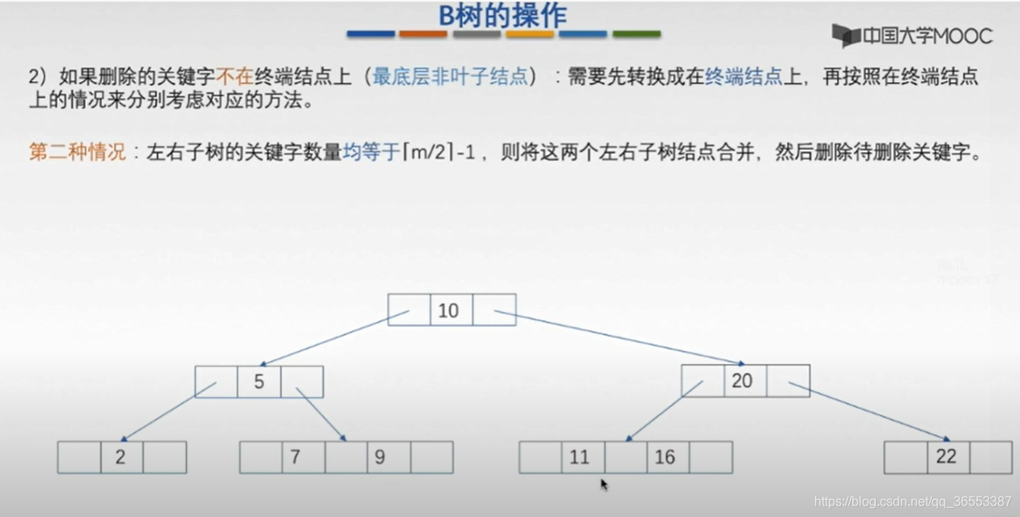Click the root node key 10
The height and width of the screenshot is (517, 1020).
click(x=448, y=310)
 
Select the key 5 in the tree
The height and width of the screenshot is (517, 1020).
click(x=258, y=382)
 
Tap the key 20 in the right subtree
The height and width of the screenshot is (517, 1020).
click(x=742, y=381)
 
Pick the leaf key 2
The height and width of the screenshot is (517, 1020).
click(x=120, y=457)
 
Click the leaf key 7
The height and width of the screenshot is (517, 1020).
click(x=296, y=457)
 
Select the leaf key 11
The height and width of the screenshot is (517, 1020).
click(x=579, y=457)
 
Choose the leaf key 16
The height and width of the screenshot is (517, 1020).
click(x=665, y=457)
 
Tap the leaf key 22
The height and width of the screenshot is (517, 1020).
click(x=946, y=456)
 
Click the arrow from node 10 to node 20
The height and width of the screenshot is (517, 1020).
click(x=620, y=337)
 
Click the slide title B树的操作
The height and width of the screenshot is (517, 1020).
click(x=502, y=15)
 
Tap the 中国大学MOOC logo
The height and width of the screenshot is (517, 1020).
click(x=911, y=36)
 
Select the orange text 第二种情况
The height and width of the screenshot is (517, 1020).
click(x=78, y=152)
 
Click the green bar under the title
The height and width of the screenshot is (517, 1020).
click(x=636, y=35)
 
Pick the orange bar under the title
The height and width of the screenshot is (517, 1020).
click(x=423, y=35)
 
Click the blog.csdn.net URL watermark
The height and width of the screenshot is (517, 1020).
click(x=912, y=501)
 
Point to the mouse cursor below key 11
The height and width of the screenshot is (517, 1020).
click(x=604, y=484)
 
